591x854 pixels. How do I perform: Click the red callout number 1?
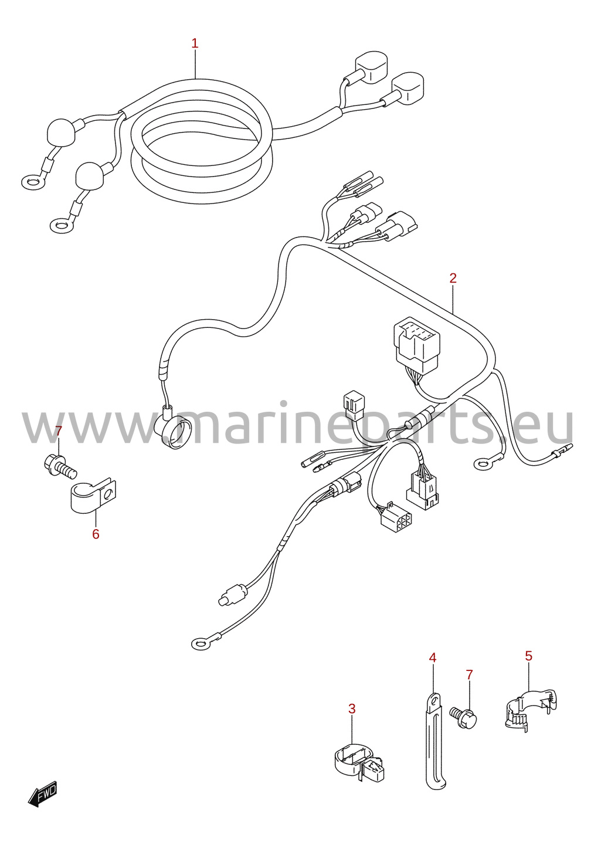pos(195,43)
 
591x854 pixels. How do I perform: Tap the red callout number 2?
pos(453,278)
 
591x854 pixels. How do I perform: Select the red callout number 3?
pos(352,709)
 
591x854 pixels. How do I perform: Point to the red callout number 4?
pos(432,658)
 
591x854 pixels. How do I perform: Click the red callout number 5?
pos(528,656)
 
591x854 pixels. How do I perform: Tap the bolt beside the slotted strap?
pos(463,719)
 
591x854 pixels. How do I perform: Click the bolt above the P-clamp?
pos(60,466)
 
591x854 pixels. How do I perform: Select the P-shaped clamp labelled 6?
pos(93,496)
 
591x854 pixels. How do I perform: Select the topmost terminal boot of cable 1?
pos(371,66)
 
